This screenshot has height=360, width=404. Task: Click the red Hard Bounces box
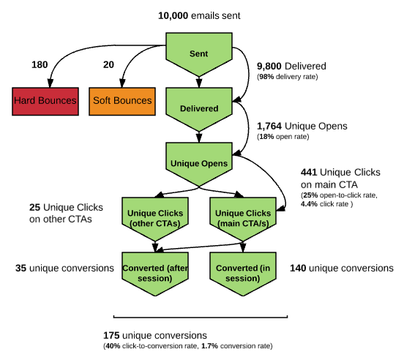(45, 100)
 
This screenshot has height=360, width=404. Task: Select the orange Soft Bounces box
(121, 100)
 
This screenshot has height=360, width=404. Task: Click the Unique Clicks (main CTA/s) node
(239, 217)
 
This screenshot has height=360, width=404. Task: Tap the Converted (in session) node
(239, 272)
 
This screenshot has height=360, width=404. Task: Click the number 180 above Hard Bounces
(40, 65)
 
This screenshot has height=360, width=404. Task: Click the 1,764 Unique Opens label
(302, 126)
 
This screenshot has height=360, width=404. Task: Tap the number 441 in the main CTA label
(309, 172)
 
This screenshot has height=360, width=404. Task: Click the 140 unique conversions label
(342, 269)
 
